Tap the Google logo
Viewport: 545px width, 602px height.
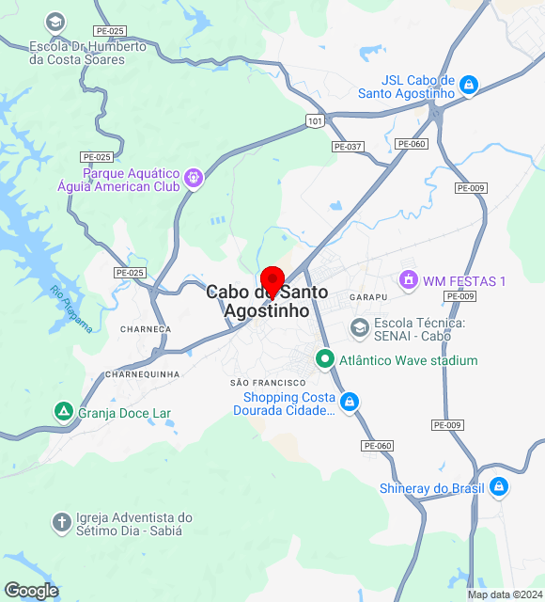tap(31, 590)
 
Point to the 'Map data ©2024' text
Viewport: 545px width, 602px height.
tap(506, 594)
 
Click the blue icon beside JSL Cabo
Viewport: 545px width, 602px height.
tap(469, 87)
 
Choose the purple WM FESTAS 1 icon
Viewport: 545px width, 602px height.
tap(409, 280)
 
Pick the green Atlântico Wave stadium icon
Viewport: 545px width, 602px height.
tap(325, 359)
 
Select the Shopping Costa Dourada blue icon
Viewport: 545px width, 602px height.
tap(349, 403)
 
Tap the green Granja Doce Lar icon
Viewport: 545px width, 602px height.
tap(63, 411)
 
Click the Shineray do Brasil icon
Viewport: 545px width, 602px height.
tap(499, 487)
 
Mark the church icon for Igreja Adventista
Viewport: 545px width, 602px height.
tap(62, 522)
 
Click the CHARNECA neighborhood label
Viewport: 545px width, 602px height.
tap(146, 329)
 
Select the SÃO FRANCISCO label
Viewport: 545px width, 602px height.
tap(268, 383)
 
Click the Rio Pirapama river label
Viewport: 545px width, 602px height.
tap(72, 309)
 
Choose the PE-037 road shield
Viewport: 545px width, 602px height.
tap(347, 147)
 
